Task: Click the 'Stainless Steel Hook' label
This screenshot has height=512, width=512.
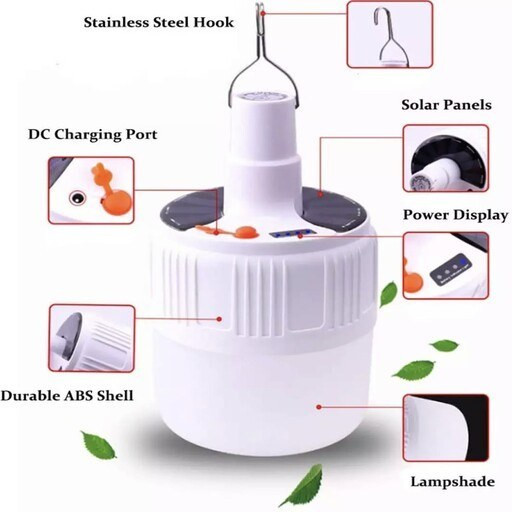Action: coord(159,22)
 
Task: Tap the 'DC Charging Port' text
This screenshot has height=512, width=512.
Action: coord(93,134)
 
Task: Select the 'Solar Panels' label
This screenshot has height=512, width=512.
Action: coord(446,105)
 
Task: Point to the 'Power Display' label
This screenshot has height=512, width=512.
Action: coord(455,215)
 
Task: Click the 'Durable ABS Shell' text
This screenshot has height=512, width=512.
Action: coord(67,396)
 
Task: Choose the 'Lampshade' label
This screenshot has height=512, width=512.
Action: coord(452,482)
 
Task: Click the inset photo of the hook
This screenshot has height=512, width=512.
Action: coord(390,34)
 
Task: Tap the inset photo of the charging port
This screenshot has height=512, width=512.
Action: coord(91,190)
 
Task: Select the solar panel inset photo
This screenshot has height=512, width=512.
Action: coord(446,158)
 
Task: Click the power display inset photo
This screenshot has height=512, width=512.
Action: coord(446,266)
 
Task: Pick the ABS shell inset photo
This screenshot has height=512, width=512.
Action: coord(92,338)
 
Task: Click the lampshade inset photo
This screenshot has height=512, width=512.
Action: coord(446,428)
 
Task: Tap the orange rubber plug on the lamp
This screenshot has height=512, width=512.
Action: coord(247,232)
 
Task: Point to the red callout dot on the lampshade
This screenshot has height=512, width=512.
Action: coord(319,407)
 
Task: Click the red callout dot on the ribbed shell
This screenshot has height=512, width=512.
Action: coord(219,319)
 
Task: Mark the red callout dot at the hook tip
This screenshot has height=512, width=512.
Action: coord(263,13)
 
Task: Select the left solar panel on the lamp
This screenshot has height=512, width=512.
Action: coord(190,208)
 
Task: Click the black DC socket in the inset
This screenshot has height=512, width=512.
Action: coord(77,198)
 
